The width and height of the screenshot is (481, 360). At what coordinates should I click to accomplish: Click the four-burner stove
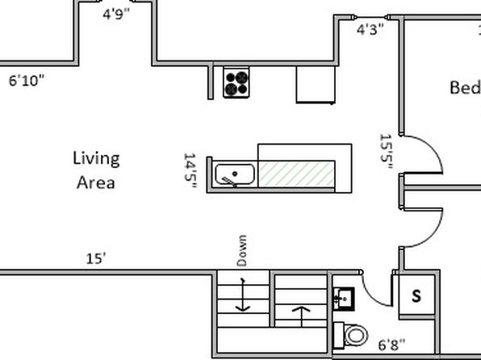click(236, 82)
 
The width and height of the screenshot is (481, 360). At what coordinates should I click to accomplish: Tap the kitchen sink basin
click(235, 174)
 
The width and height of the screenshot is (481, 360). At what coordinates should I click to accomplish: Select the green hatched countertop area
click(296, 174)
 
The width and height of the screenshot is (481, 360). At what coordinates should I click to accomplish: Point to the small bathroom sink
click(344, 299)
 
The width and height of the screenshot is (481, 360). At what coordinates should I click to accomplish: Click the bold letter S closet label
click(416, 296)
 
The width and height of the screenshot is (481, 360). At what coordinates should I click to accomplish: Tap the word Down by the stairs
click(242, 251)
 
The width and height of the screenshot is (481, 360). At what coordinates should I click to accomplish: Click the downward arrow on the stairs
click(243, 295)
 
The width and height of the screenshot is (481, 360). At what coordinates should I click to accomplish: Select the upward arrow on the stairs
click(302, 316)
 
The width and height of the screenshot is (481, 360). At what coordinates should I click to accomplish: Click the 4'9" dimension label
click(116, 14)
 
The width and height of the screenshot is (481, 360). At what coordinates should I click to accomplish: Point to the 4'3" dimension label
click(370, 30)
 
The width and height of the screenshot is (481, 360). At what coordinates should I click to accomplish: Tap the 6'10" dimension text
click(27, 81)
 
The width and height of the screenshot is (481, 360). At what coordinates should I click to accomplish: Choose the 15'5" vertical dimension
click(387, 151)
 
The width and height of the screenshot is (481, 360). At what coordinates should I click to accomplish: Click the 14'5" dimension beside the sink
click(190, 170)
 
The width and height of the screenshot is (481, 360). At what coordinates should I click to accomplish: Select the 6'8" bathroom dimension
click(391, 345)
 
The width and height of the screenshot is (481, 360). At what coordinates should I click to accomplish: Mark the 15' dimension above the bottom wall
click(96, 259)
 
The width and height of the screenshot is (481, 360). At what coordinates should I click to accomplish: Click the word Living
click(96, 159)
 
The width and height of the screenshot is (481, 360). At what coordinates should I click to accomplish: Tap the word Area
click(96, 183)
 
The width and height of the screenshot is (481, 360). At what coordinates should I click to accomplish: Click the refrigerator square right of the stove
click(316, 85)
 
